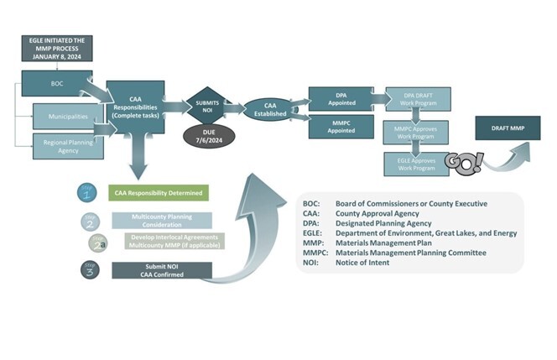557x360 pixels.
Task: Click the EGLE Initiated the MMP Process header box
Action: pyautogui.click(x=58, y=48)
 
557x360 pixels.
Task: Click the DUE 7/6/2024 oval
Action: pyautogui.click(x=207, y=137)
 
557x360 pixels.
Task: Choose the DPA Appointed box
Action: pyautogui.click(x=341, y=97)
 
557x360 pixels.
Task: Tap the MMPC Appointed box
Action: pyautogui.click(x=341, y=126)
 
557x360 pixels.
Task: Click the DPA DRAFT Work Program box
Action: pyautogui.click(x=418, y=98)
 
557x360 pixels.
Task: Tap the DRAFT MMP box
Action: pyautogui.click(x=508, y=128)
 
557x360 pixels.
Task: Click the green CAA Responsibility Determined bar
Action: pyautogui.click(x=158, y=193)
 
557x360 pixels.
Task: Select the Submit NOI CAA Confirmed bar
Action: pyautogui.click(x=158, y=270)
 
